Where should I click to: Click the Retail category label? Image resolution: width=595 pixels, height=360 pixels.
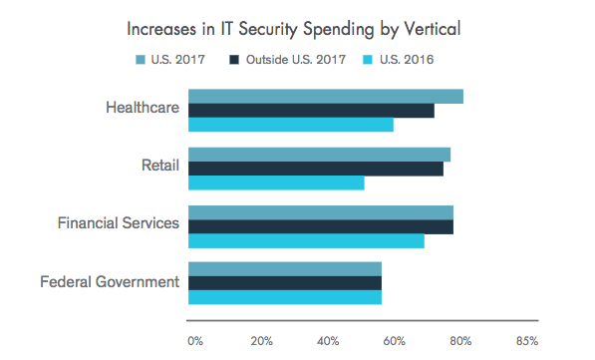click(x=161, y=165)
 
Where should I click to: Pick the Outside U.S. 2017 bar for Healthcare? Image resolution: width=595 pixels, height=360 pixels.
click(x=311, y=111)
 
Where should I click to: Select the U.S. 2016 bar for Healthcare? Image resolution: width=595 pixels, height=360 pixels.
click(x=291, y=125)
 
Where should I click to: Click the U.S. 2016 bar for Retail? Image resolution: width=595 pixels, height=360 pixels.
click(x=276, y=182)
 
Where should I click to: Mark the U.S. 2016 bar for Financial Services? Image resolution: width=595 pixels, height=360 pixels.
click(x=306, y=240)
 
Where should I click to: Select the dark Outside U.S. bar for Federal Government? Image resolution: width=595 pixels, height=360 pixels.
click(x=285, y=283)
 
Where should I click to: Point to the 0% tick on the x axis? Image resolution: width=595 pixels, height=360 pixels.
click(x=195, y=341)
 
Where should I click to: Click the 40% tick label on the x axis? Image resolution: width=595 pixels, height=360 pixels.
click(x=328, y=341)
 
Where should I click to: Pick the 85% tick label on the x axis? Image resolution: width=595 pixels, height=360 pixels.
click(x=526, y=341)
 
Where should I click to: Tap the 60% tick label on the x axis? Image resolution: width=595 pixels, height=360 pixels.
click(x=395, y=341)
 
